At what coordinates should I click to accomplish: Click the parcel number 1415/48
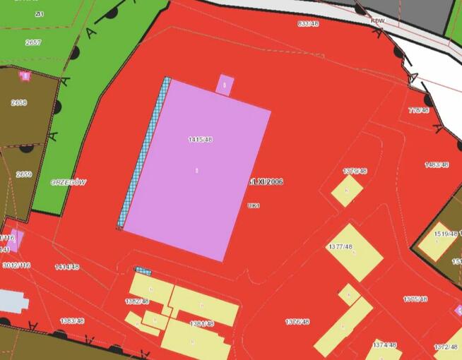(201, 139)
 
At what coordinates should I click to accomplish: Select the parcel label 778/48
(419, 110)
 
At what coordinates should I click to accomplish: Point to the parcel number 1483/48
(437, 164)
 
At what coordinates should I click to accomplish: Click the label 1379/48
(355, 171)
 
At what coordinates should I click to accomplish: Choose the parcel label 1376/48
(297, 321)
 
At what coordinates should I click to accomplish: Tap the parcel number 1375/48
(416, 299)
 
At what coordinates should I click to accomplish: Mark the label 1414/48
(67, 267)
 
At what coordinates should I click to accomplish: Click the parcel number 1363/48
(72, 320)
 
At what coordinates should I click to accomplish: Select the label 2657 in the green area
(33, 42)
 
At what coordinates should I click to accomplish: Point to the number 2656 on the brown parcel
(19, 102)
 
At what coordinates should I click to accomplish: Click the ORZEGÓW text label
(69, 182)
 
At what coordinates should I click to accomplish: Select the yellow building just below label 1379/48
(347, 191)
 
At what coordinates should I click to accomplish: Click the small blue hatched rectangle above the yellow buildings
(143, 270)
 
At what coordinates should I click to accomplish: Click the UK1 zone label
(254, 205)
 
